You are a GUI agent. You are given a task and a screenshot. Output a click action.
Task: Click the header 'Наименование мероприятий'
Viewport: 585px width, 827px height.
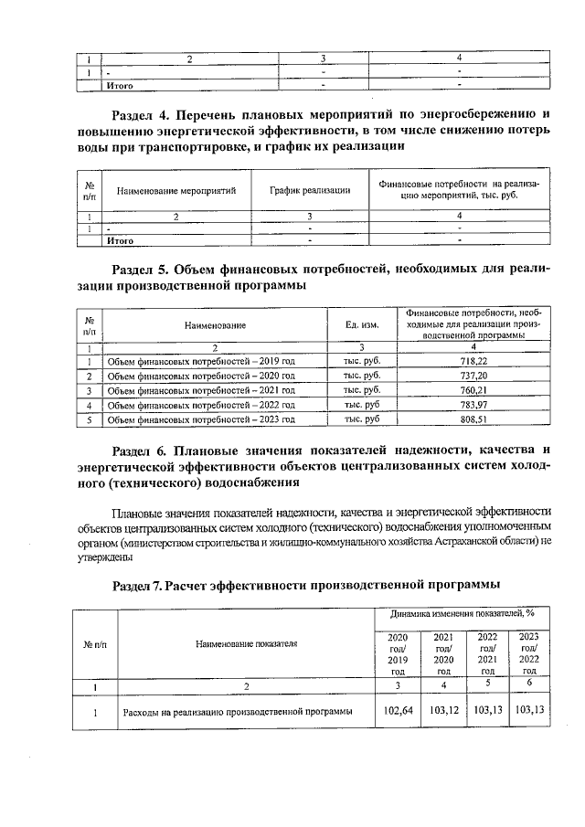(176, 191)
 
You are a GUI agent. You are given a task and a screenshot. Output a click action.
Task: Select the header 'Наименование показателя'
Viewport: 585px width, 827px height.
(246, 644)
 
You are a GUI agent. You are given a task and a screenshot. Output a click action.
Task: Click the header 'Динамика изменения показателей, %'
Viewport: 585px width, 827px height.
(463, 614)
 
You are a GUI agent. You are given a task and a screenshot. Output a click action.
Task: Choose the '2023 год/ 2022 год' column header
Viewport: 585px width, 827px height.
(529, 653)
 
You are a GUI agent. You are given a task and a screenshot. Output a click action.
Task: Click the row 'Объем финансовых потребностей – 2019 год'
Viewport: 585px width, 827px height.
(201, 362)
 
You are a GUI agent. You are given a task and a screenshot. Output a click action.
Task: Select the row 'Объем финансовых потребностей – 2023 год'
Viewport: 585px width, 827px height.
(201, 419)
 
